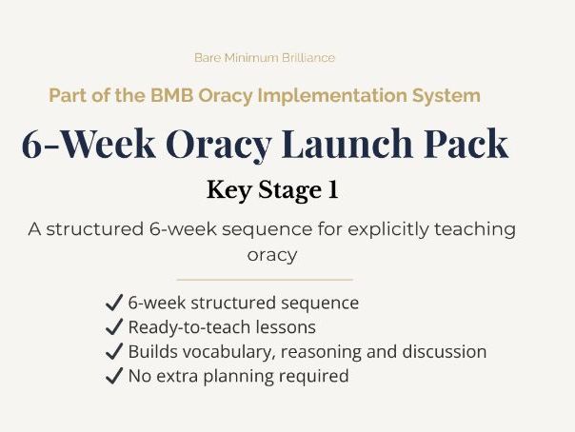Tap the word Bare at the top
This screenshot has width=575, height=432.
pyautogui.click(x=208, y=58)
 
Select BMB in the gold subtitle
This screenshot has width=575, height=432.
pyautogui.click(x=173, y=96)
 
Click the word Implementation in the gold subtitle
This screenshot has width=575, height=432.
pyautogui.click(x=333, y=96)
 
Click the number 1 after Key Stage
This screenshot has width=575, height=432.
pyautogui.click(x=332, y=190)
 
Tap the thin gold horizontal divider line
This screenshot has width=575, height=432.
pyautogui.click(x=265, y=280)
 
